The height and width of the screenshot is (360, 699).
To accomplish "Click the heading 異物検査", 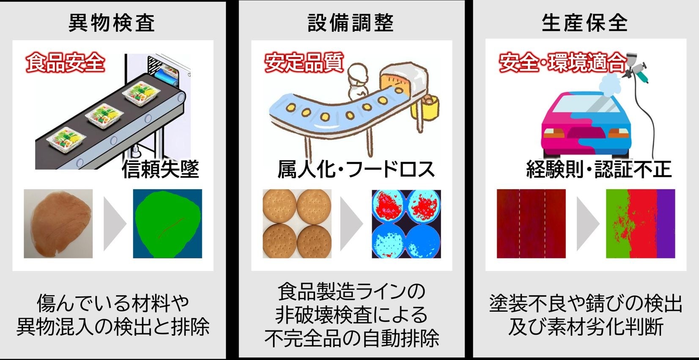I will pyautogui.click(x=112, y=23).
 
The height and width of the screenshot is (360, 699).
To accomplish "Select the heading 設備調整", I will pyautogui.click(x=351, y=23).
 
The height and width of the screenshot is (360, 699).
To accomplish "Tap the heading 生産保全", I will pyautogui.click(x=585, y=23).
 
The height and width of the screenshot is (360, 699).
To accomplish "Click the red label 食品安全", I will pyautogui.click(x=65, y=63).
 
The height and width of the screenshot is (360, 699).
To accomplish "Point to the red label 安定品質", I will pyautogui.click(x=304, y=63).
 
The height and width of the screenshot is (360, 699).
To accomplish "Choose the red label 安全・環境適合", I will pyautogui.click(x=562, y=63).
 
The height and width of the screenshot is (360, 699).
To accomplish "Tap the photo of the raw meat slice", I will pyautogui.click(x=58, y=223).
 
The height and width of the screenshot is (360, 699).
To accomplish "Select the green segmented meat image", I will pyautogui.click(x=167, y=223).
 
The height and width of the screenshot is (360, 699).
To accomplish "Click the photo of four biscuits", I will pyautogui.click(x=297, y=223).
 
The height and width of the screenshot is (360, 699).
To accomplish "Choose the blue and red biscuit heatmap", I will pyautogui.click(x=406, y=223).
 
